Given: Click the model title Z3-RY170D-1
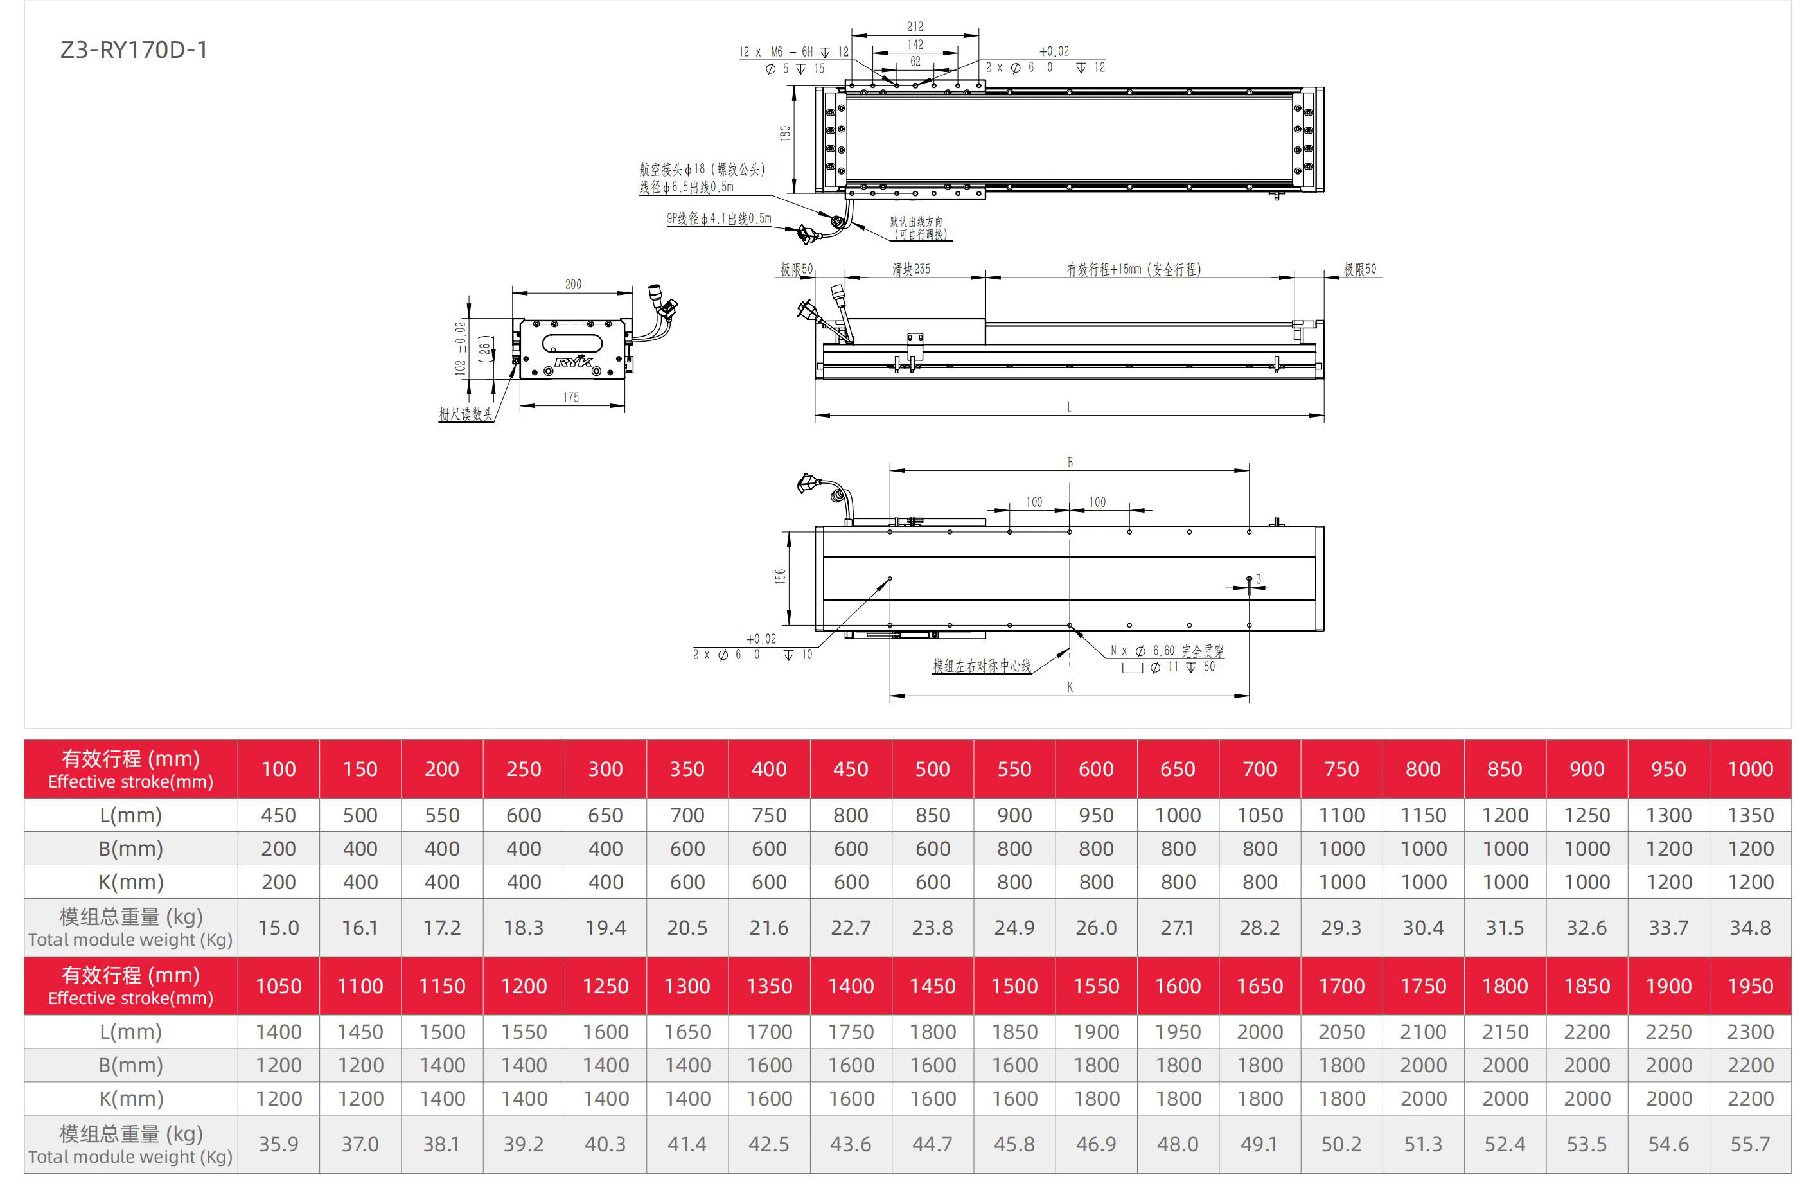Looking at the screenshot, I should click(x=134, y=50).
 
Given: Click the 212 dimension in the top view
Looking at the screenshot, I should click(x=915, y=27).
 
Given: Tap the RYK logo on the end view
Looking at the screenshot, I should click(x=574, y=361).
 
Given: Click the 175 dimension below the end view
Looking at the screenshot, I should click(x=571, y=397).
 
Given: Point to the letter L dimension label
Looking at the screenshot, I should click(x=1070, y=407).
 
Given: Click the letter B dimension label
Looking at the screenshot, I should click(x=1070, y=463).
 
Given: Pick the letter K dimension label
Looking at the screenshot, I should click(x=1070, y=687).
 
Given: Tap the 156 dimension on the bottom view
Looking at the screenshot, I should click(x=780, y=576).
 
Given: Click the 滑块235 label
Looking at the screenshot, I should click(x=911, y=269).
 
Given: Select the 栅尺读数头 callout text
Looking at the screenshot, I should click(x=465, y=414).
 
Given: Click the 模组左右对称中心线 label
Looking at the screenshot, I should click(x=981, y=666).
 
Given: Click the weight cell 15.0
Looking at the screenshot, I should click(x=278, y=928).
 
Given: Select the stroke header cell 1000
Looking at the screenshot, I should click(x=1749, y=769).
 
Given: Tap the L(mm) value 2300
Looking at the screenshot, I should click(x=1749, y=1032).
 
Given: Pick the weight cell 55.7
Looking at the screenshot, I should click(x=1749, y=1144).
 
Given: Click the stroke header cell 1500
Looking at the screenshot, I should click(x=1014, y=986).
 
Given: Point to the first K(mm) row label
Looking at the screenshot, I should click(x=131, y=881).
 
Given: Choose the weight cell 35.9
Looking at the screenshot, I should click(x=278, y=1144).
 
